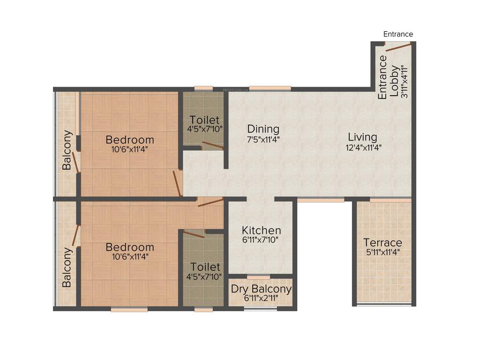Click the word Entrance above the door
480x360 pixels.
coord(398,34)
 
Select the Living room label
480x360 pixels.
coord(362,137)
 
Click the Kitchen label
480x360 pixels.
coord(261,231)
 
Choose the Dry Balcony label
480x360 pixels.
coord(261,289)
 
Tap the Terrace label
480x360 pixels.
coord(382,243)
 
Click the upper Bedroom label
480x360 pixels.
coord(129,140)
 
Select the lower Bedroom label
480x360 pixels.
coord(129,247)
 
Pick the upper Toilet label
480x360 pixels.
coord(204,120)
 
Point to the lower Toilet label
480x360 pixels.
coord(204,267)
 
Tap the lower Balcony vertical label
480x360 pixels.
coord(67,267)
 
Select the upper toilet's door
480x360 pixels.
coord(212,145)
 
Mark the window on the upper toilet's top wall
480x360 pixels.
coord(203,88)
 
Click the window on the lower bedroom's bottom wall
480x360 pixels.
coord(129,309)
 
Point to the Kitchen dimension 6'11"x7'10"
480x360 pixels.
coord(261,240)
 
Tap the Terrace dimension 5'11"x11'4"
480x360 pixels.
coord(382,252)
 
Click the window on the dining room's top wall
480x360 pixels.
coord(270,88)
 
